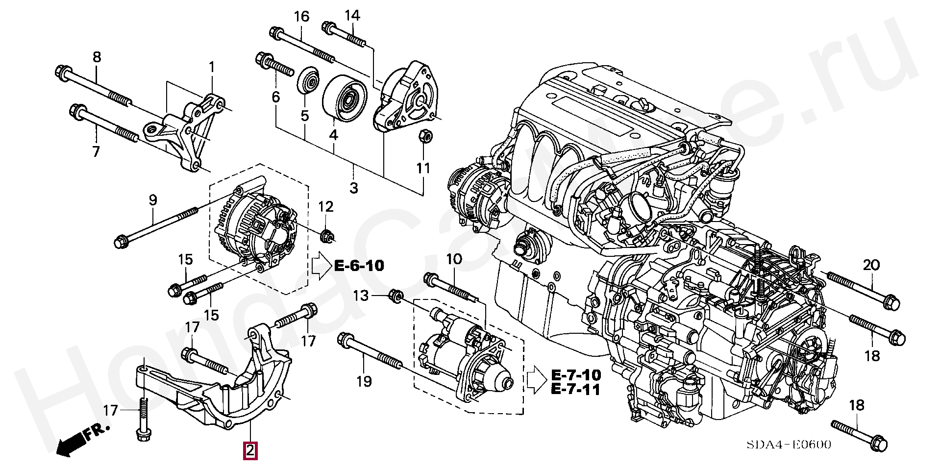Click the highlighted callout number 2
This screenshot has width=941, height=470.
[250, 450]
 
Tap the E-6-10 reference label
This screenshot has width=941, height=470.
[359, 266]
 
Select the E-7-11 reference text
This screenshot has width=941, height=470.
[576, 390]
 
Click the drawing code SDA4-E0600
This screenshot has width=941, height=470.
[789, 445]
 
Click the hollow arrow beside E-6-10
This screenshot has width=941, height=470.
[321, 267]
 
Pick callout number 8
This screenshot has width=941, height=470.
[97, 57]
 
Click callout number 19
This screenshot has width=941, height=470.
[364, 381]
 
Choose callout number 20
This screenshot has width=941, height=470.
[871, 265]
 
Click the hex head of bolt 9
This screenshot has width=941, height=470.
[120, 242]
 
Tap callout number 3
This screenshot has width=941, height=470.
[354, 188]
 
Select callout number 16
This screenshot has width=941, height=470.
[301, 17]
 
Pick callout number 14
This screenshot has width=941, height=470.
[352, 15]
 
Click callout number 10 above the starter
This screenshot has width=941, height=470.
[454, 259]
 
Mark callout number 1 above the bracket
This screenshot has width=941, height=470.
[212, 67]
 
